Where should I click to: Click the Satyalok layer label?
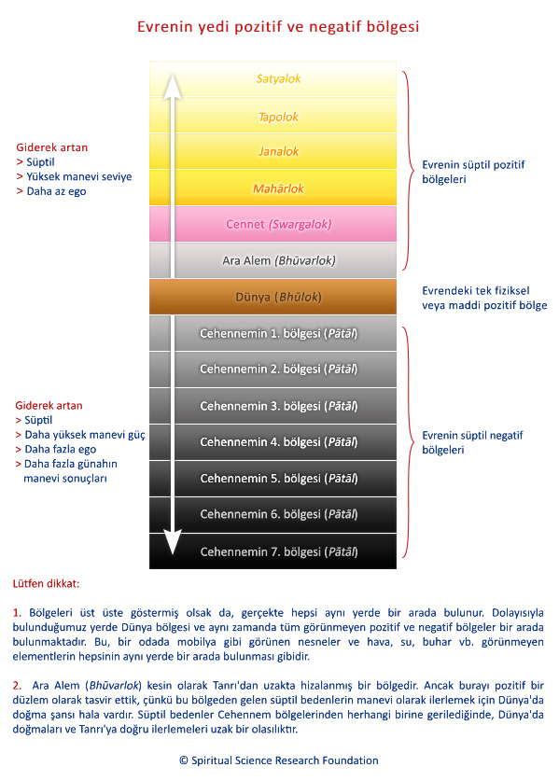point(278,78)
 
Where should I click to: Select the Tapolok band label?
point(278,117)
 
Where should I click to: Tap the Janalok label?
point(278,151)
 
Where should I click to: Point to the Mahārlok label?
point(278,188)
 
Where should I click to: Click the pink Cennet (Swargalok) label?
point(278,225)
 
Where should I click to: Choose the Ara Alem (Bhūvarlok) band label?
point(278,260)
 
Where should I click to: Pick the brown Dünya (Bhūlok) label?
point(278,298)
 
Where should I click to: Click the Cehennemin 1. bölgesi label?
point(278,333)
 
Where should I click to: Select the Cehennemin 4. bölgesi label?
point(278,441)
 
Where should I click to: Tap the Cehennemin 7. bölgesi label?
point(278,551)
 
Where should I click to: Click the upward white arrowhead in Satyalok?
point(173,86)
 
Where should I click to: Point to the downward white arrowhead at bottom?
point(173,542)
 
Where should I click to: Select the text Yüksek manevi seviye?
point(79,176)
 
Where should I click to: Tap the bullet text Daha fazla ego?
point(61,449)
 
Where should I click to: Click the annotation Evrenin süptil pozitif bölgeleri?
point(473,172)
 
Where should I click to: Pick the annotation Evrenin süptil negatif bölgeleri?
point(472,442)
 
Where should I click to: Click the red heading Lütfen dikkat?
point(47,584)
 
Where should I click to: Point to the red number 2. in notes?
point(18,686)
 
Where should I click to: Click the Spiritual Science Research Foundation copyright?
point(279,760)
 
